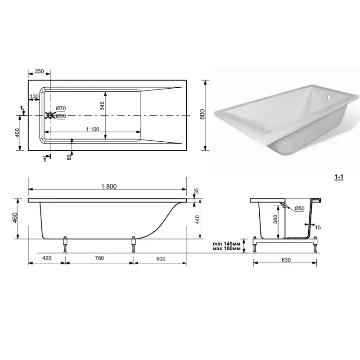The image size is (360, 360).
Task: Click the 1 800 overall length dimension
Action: coord(109,186)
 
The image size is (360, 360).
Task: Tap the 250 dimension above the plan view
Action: coord(39,71)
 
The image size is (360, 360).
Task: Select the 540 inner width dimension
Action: coord(102,106)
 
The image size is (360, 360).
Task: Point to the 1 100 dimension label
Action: coord(93,129)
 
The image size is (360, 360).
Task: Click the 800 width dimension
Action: coord(202,114)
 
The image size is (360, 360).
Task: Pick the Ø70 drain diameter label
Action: coord(61,108)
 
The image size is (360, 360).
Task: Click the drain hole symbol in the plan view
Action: coord(50,115)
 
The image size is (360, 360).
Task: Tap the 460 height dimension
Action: coord(15,218)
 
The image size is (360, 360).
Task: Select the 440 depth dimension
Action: coord(197,220)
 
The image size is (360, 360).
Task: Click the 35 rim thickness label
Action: coord(196,191)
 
